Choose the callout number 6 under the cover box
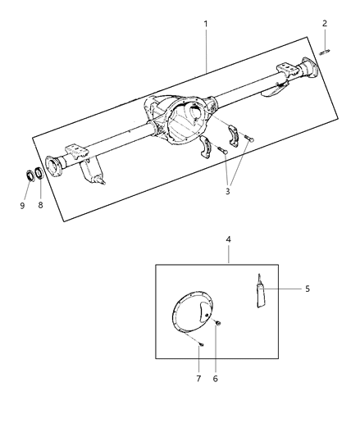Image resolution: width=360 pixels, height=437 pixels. pos(216,378)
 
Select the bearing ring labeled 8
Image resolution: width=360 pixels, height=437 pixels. pos(39,175)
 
